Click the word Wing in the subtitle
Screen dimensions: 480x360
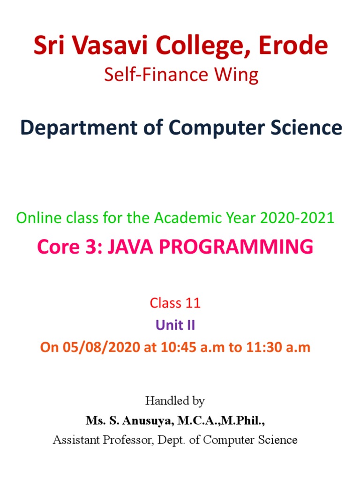coord(238,75)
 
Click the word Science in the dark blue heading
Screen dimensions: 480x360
coord(302,128)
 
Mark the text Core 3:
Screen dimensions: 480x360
coord(69,247)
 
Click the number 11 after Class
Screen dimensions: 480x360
coord(193,303)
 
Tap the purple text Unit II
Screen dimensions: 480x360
coord(175,325)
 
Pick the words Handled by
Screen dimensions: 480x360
coord(175,401)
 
